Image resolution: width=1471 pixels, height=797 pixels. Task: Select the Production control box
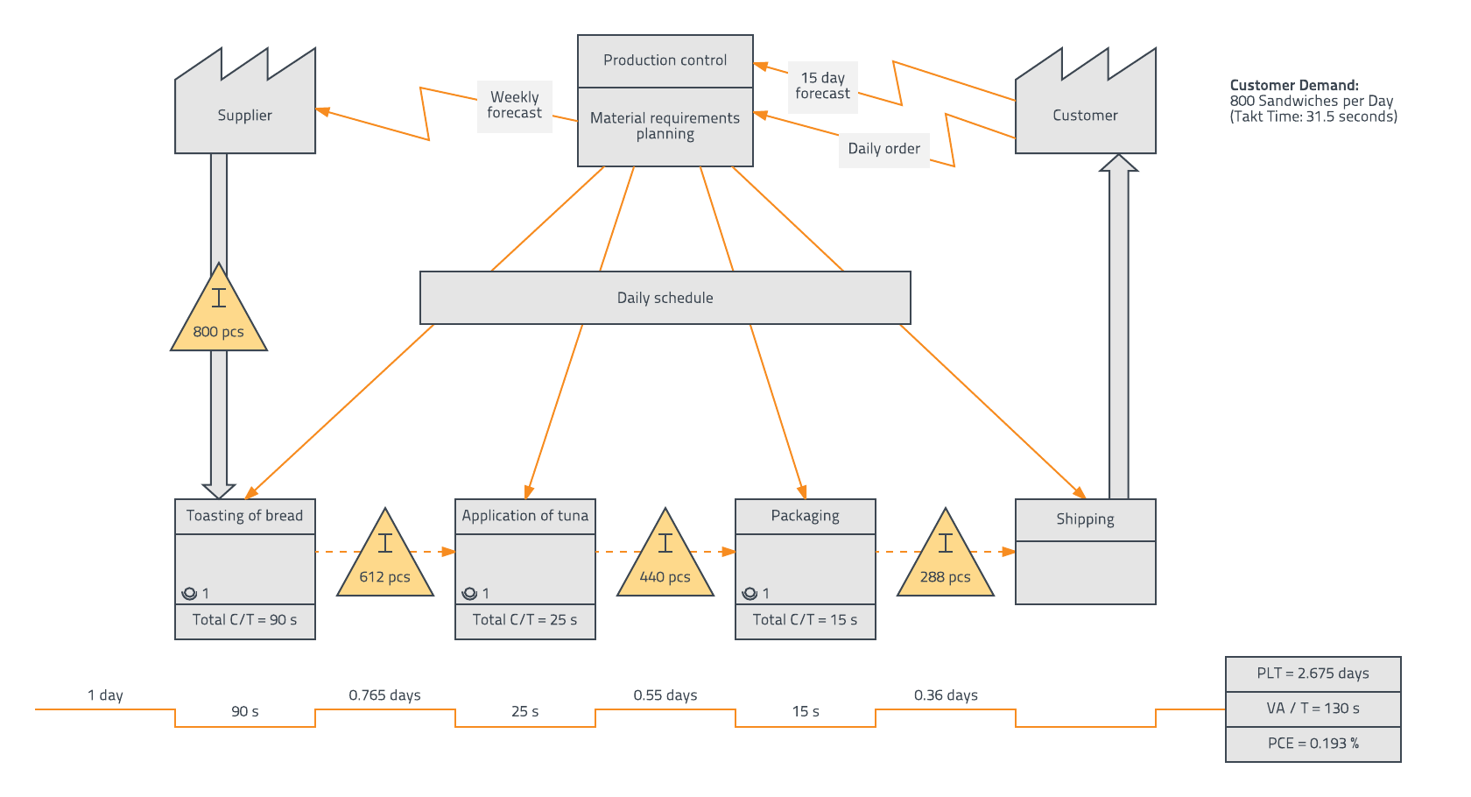(x=665, y=60)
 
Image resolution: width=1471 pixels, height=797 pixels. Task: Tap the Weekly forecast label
(x=515, y=106)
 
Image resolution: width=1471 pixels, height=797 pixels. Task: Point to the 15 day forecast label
(x=823, y=87)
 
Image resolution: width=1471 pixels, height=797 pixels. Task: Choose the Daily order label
(x=884, y=149)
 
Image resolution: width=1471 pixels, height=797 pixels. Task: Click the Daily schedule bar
(x=665, y=298)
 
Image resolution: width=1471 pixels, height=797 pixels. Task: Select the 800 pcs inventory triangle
(x=219, y=315)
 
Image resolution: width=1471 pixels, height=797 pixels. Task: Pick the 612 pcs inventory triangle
(x=385, y=561)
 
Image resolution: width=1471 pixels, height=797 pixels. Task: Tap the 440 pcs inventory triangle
(x=665, y=561)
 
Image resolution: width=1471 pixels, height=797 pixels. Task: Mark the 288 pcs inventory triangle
(x=946, y=561)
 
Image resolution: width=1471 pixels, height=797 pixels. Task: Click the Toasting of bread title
(x=245, y=516)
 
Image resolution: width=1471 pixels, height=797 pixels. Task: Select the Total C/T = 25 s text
(x=525, y=620)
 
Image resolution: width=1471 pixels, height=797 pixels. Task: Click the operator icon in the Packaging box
(x=750, y=594)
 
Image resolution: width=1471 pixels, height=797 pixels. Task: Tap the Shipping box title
(x=1086, y=519)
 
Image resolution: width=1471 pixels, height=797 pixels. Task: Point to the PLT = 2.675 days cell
(x=1313, y=674)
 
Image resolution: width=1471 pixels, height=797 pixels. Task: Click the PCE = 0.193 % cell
(x=1313, y=744)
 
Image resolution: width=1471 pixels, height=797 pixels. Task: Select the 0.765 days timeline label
(x=385, y=695)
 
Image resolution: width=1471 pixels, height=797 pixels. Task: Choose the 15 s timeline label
(x=806, y=712)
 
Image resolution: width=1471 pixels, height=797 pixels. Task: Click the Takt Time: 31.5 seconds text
(x=1313, y=117)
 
